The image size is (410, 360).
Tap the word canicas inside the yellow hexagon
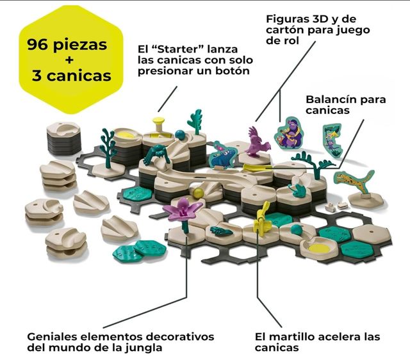[79, 76]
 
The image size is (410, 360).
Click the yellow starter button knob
[159, 122]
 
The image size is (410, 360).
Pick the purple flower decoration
[183, 208]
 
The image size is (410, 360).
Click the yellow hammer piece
[261, 218]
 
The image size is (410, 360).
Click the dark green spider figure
[156, 154]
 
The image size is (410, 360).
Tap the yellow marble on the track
[199, 193]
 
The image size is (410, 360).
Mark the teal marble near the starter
[181, 135]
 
